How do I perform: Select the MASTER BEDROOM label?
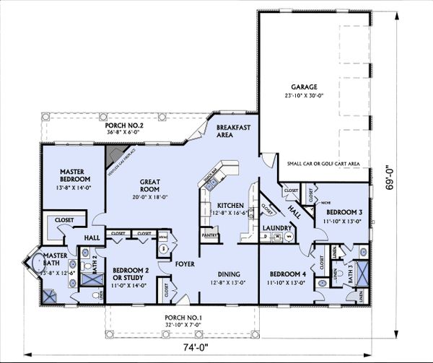pyautogui.click(x=74, y=175)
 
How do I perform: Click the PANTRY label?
pyautogui.click(x=209, y=235)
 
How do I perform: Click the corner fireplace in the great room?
pyautogui.click(x=114, y=155)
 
